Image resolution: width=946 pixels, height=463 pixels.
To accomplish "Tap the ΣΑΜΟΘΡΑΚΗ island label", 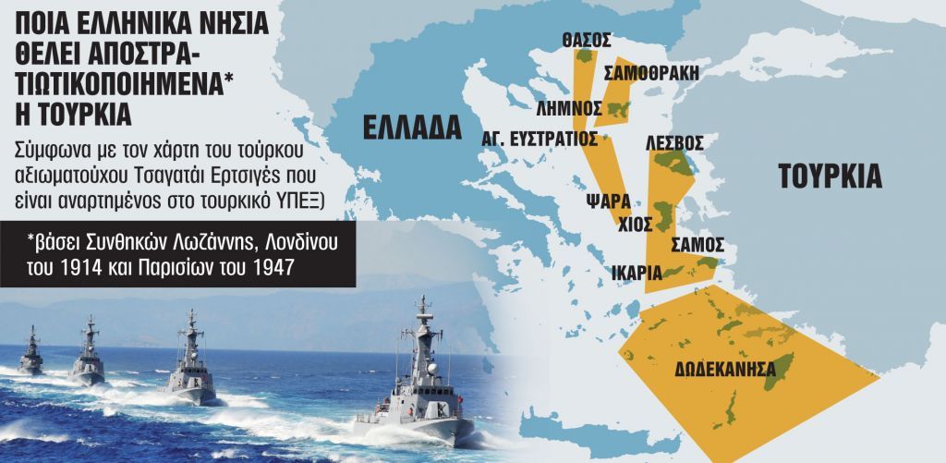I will (651, 73).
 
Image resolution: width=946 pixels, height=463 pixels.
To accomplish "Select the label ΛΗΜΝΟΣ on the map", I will (576, 107).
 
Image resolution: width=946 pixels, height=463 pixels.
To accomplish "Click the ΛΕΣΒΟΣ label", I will (675, 142).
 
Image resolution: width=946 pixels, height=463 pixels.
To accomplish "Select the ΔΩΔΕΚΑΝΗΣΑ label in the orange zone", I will (724, 366).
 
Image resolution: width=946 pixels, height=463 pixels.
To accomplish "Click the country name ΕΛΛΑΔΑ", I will (412, 127).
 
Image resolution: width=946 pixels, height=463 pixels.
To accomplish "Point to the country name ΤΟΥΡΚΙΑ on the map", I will (830, 176).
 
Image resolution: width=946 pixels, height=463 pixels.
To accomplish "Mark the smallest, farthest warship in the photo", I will (31, 352).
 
